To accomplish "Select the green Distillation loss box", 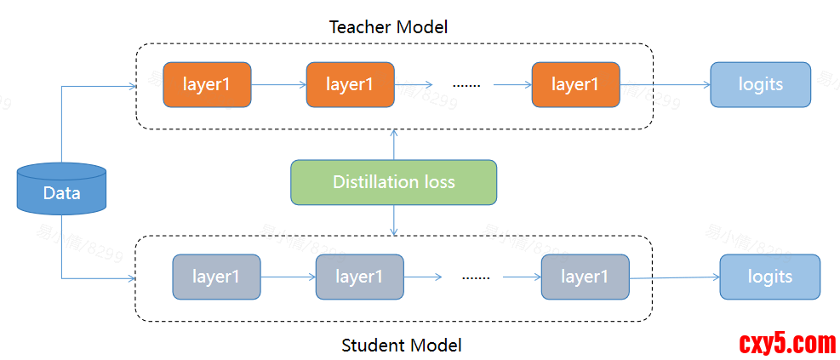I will click(x=393, y=182).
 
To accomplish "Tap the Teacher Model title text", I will click(x=388, y=27).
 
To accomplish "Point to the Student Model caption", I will click(x=402, y=345).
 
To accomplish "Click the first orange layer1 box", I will click(x=207, y=84).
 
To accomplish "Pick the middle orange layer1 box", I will click(x=350, y=84).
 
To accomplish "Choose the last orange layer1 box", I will click(x=575, y=84).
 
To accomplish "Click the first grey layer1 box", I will click(x=216, y=277).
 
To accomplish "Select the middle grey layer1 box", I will click(x=359, y=277).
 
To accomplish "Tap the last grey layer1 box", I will click(x=585, y=277).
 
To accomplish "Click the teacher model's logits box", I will click(x=760, y=84).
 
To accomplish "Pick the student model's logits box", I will click(x=769, y=277).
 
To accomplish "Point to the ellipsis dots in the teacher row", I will click(x=466, y=85).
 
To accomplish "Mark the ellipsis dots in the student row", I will click(x=476, y=277).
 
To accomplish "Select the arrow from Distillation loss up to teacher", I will click(x=393, y=145).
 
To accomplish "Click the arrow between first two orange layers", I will click(x=278, y=84).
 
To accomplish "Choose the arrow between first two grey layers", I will click(x=288, y=277).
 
